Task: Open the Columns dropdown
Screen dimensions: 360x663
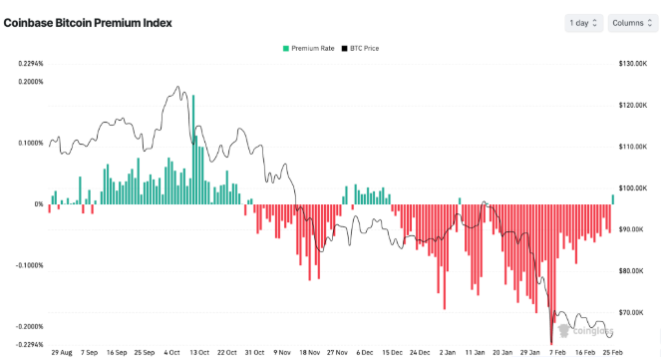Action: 631,22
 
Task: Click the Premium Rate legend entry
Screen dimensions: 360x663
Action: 308,48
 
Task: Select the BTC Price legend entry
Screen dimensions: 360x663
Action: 360,48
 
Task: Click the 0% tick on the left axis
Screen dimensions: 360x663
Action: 39,204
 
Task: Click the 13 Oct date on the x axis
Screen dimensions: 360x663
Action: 199,352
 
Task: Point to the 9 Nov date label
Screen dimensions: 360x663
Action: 283,352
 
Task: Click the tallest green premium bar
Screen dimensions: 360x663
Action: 193,150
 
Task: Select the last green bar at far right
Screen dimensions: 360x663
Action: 613,199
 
